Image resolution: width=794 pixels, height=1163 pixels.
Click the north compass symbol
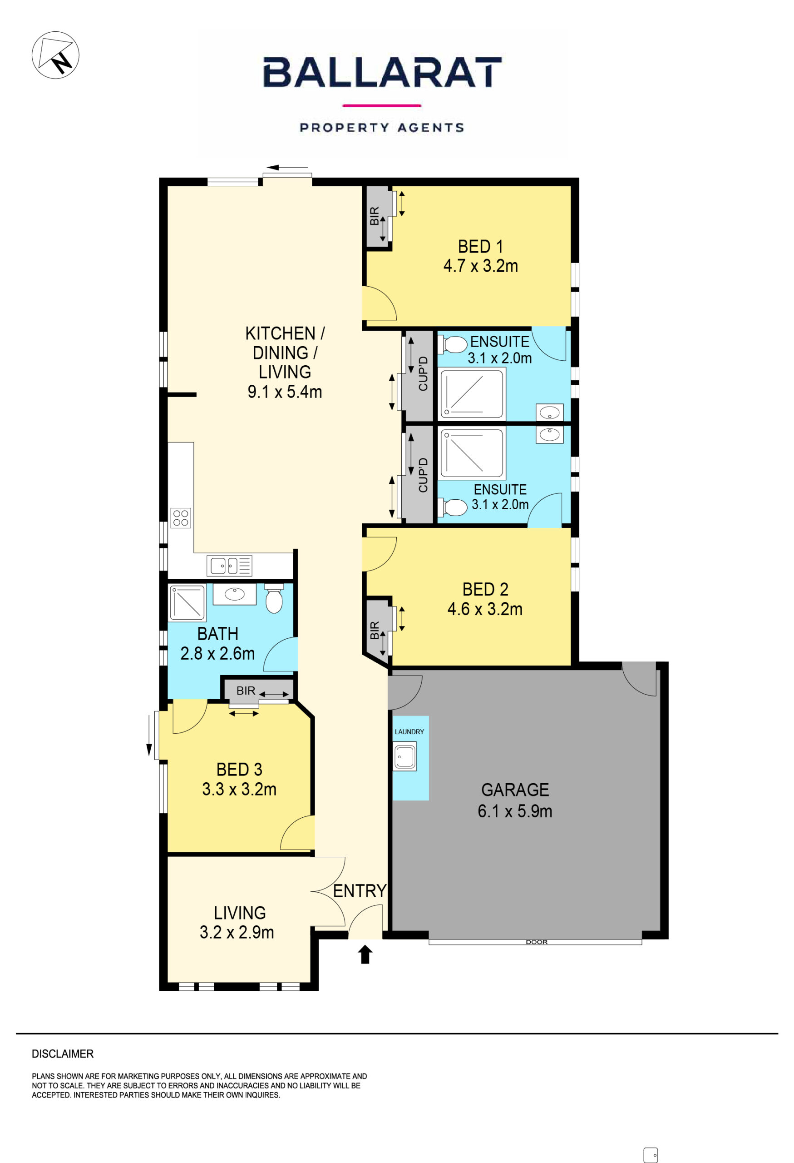tap(55, 55)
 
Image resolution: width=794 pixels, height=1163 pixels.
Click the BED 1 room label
tap(480, 247)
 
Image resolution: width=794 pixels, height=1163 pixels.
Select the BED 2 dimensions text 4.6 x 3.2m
tap(484, 609)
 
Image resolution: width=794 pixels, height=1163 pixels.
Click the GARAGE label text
tap(515, 790)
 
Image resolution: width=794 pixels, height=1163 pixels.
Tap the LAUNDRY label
tap(409, 731)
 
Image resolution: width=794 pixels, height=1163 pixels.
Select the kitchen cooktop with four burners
tap(181, 518)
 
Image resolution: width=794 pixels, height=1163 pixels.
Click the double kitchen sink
tap(230, 566)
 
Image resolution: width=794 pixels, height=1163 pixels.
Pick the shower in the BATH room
tap(187, 602)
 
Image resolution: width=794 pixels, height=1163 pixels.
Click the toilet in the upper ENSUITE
tap(453, 345)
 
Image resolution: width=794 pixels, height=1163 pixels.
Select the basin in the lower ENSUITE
tap(549, 434)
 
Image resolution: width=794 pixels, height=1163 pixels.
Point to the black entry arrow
tap(365, 954)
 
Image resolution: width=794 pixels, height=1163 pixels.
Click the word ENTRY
tap(360, 891)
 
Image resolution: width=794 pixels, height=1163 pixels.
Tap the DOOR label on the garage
tap(537, 942)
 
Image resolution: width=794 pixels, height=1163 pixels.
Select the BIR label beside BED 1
tap(375, 216)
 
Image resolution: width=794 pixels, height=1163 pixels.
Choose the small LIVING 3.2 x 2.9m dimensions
tap(237, 932)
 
